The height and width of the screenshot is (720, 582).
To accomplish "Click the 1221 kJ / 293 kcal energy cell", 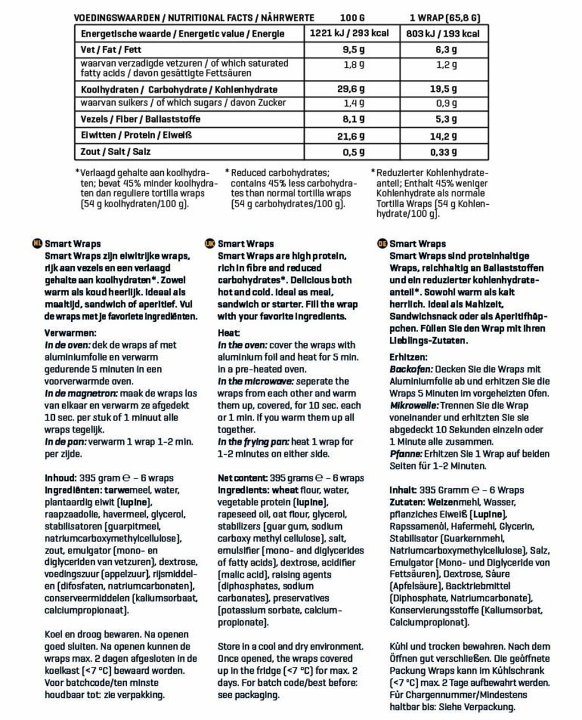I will coord(349,34).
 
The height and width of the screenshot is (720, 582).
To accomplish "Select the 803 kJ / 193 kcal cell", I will coord(443,34).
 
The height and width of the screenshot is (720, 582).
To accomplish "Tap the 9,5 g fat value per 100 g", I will coord(354,50).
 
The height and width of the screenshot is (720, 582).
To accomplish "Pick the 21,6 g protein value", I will coord(350,136).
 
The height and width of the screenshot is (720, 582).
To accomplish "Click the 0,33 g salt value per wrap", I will coord(443,152).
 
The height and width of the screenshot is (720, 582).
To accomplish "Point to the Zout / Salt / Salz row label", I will coord(116,152).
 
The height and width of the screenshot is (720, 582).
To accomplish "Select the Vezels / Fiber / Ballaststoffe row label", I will coord(140,119).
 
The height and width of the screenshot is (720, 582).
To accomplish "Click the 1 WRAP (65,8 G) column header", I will coord(444,18).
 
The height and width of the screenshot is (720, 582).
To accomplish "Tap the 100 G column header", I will coord(353,18).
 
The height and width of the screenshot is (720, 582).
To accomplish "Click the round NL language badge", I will coord(38,244).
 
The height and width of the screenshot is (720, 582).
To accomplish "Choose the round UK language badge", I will coord(209,244).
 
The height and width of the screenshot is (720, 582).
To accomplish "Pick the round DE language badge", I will coord(382,244).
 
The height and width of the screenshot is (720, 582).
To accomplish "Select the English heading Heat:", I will coord(229,333).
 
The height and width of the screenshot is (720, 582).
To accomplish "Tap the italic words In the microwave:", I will coord(255,381).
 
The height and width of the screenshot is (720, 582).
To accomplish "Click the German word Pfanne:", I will coord(405,454).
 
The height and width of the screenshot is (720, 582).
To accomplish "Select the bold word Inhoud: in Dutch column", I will coord(60,478).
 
